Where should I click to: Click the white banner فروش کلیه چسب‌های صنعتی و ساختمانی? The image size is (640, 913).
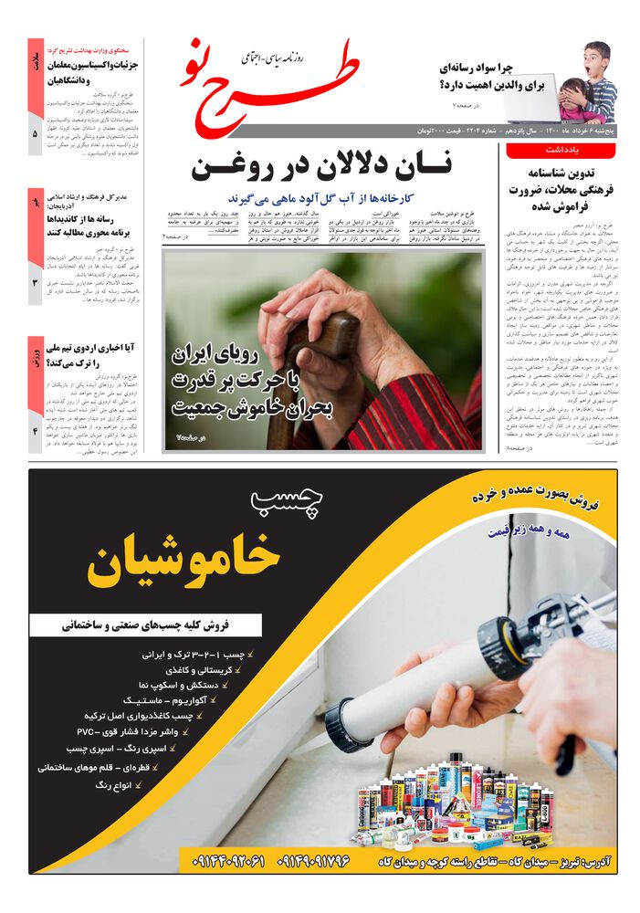146,625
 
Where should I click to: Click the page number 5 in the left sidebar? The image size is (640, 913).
35,134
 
